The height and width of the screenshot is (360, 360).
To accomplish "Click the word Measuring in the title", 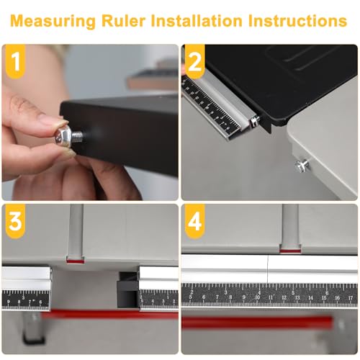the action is pyautogui.click(x=53, y=22).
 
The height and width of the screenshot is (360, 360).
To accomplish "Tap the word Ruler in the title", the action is pyautogui.click(x=123, y=21).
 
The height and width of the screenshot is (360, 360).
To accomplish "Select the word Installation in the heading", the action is pyautogui.click(x=197, y=21).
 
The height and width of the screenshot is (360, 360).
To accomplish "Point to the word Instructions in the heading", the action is pyautogui.click(x=297, y=21).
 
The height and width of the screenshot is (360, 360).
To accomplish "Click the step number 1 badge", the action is pyautogui.click(x=15, y=61).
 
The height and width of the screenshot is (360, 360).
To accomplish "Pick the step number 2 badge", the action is pyautogui.click(x=194, y=61).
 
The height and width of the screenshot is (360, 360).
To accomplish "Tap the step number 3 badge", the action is pyautogui.click(x=15, y=221).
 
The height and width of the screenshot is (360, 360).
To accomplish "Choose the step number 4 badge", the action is pyautogui.click(x=194, y=221).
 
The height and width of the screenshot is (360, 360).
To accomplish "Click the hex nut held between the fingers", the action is pyautogui.click(x=63, y=136).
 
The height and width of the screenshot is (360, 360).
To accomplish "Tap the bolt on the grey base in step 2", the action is pyautogui.click(x=302, y=165).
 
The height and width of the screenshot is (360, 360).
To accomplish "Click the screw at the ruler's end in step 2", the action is pyautogui.click(x=255, y=120).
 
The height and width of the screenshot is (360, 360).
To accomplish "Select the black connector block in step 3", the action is pyautogui.click(x=128, y=290).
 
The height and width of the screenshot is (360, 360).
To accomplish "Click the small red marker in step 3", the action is pyautogui.click(x=76, y=261).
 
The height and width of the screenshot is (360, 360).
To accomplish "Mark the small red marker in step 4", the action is pyautogui.click(x=290, y=251).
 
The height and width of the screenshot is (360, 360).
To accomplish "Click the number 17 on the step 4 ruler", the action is pyautogui.click(x=351, y=298).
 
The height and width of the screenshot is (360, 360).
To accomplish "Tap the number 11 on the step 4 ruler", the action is pyautogui.click(x=271, y=297).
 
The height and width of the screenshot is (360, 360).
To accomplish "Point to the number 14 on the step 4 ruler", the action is pyautogui.click(x=310, y=298).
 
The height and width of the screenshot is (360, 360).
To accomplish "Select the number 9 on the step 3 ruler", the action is pyautogui.click(x=9, y=302).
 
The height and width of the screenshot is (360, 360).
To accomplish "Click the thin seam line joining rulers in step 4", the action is pyautogui.click(x=268, y=269).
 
